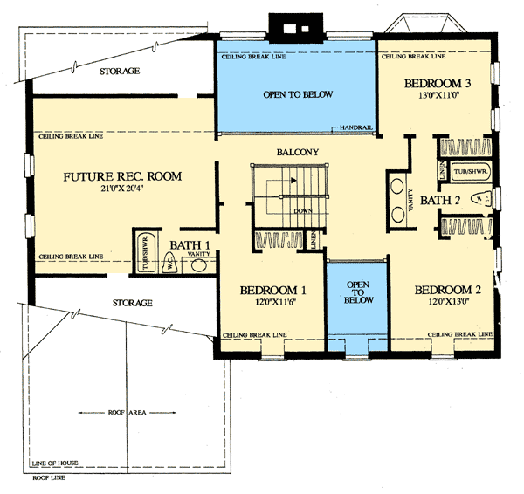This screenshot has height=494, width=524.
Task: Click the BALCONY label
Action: click(296, 152)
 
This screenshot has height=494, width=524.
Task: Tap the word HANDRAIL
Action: click(356, 128)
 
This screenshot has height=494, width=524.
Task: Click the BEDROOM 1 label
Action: click(272, 291)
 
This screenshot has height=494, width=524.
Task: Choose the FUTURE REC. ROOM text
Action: click(121, 177)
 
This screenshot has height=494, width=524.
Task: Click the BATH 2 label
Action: click(438, 202)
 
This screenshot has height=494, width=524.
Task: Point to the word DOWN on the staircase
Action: click(303, 210)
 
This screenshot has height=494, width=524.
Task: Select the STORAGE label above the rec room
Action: click(121, 71)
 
